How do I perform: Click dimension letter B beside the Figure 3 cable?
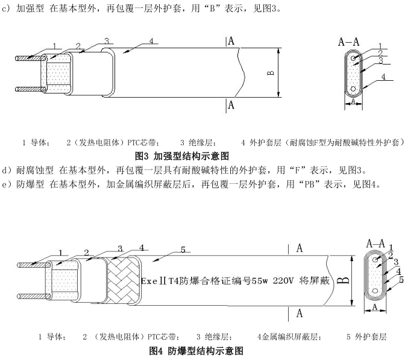271,73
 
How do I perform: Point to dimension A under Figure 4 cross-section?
375,307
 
